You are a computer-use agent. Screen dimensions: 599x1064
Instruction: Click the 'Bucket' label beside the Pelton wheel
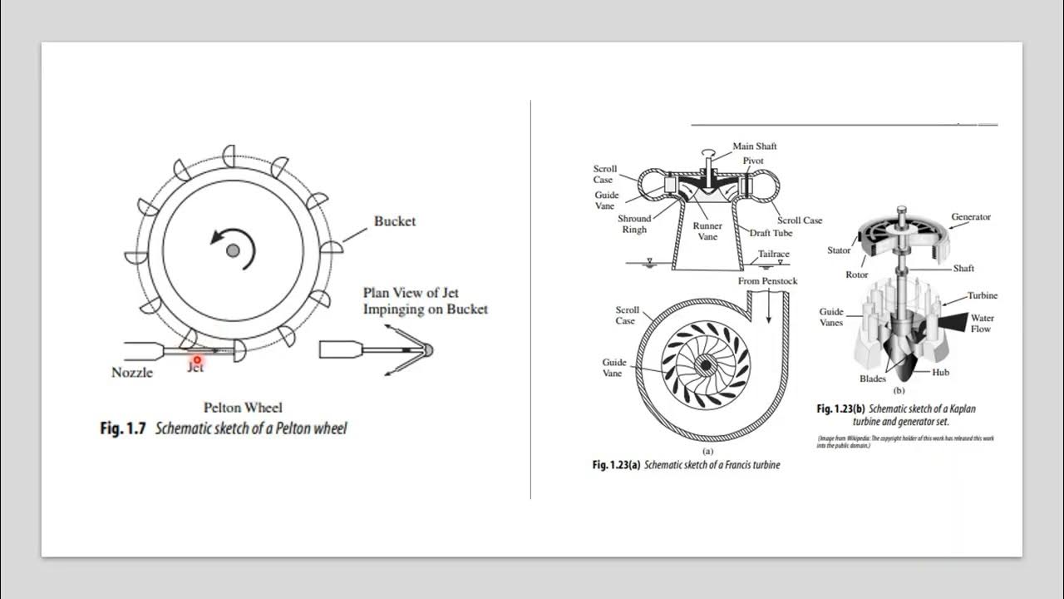tap(394, 221)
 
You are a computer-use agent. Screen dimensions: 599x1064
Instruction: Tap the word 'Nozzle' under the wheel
tap(132, 373)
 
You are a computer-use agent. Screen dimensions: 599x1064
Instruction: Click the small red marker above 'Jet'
tap(197, 359)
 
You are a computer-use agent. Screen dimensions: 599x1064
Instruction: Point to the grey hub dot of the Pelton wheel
tap(233, 250)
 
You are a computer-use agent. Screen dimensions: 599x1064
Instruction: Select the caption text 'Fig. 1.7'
tap(122, 428)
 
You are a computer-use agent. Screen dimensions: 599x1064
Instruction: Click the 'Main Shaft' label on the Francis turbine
tap(754, 146)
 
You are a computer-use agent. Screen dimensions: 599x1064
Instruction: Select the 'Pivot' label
tap(753, 161)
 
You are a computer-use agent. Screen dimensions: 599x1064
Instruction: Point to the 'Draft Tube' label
tap(771, 233)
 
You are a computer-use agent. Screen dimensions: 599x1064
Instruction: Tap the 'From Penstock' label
tap(767, 281)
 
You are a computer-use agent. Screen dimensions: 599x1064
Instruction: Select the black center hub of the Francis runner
tap(705, 364)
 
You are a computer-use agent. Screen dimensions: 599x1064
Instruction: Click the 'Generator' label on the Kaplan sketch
tap(970, 217)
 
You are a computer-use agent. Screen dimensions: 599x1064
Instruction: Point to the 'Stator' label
tap(839, 250)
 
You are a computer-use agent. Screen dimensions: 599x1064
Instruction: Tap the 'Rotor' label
tap(856, 275)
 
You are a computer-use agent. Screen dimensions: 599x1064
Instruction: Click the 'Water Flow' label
tap(982, 324)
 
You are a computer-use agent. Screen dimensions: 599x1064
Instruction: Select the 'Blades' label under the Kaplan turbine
tap(872, 379)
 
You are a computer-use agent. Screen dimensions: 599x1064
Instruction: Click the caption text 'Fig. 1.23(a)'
tap(616, 465)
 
